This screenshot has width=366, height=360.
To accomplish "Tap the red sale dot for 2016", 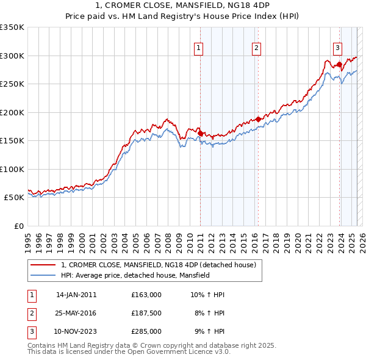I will click(x=258, y=120).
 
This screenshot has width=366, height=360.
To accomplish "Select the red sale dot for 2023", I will click(x=339, y=64).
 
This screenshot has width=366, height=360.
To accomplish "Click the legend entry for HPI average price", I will click(x=135, y=276).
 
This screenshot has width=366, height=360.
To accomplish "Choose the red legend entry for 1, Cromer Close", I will click(x=162, y=264).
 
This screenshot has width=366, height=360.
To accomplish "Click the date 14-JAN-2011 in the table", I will click(x=76, y=295).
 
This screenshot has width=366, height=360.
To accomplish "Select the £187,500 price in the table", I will click(x=146, y=314).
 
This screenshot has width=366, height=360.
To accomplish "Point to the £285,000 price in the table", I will click(x=146, y=332).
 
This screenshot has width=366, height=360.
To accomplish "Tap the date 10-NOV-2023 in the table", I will click(x=76, y=332).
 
